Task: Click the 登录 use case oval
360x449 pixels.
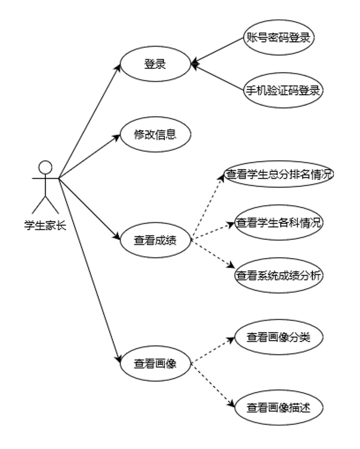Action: [x=155, y=64]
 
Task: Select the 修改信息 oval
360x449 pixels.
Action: [x=155, y=134]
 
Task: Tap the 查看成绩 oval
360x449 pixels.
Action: [x=155, y=241]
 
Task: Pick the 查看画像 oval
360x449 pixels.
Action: [x=155, y=364]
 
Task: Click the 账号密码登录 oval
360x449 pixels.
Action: [x=278, y=38]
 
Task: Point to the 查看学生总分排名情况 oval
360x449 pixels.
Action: [x=278, y=174]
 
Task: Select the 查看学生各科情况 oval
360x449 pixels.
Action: [x=278, y=223]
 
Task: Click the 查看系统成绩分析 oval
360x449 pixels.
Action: [x=278, y=276]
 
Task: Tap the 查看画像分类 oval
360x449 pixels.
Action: [x=278, y=338]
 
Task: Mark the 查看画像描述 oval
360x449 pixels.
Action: [x=278, y=408]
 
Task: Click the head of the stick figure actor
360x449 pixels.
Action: [x=45, y=167]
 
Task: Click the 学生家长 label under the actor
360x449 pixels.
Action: [x=45, y=226]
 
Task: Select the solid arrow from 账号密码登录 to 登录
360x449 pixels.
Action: [x=218, y=51]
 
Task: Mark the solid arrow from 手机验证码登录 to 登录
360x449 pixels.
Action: [x=218, y=77]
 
